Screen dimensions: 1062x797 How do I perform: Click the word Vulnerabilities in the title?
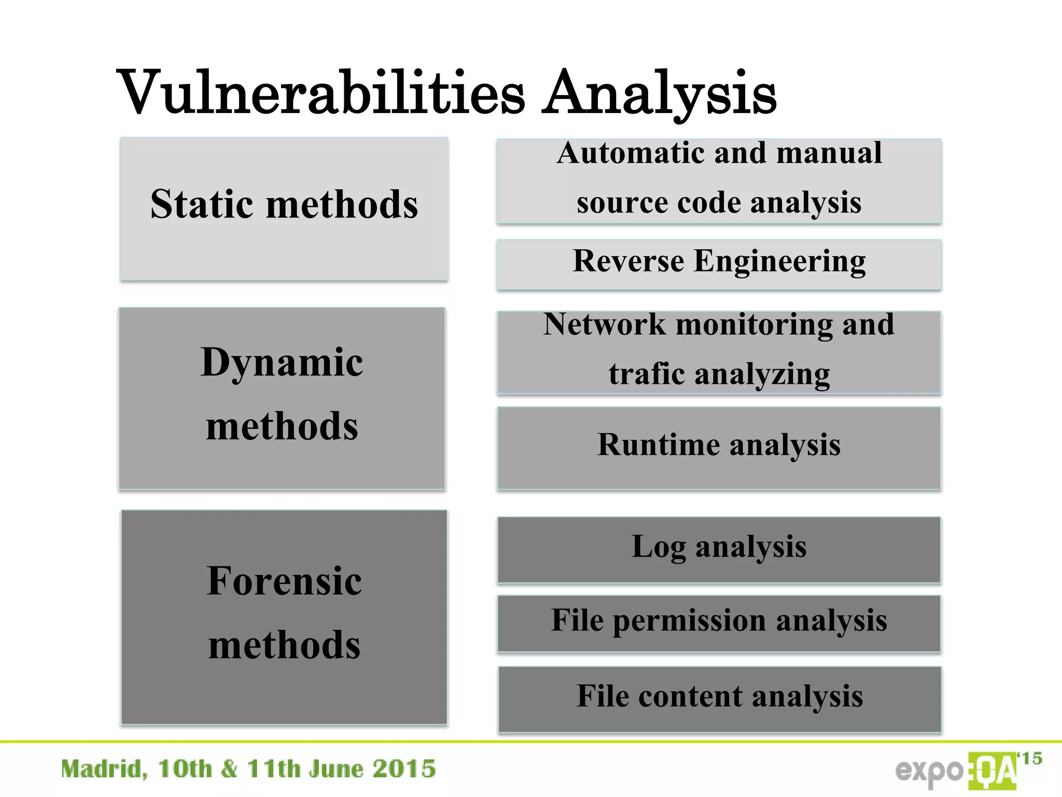tap(322, 93)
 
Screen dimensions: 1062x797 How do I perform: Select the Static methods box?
tap(284, 209)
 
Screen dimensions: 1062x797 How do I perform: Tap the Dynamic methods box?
tap(282, 398)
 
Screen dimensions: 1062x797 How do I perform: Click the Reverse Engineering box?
tap(719, 264)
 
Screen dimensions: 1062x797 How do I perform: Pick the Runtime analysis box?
tap(719, 448)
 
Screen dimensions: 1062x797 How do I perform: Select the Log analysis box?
tap(719, 549)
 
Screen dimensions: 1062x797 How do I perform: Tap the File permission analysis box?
tap(719, 623)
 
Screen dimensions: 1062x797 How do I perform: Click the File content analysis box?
tap(720, 698)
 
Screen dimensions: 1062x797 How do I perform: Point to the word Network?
tap(604, 324)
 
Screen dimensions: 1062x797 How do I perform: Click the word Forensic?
tap(284, 581)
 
